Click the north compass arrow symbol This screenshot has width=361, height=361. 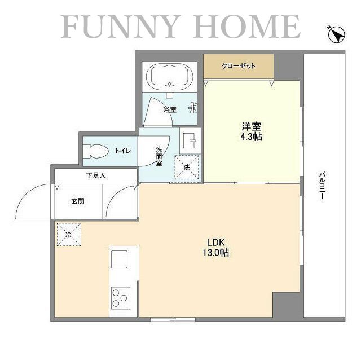pyautogui.click(x=336, y=34)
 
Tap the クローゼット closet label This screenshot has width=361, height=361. pyautogui.click(x=239, y=66)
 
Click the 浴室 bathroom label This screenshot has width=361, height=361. pyautogui.click(x=170, y=109)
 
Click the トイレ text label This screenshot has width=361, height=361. pyautogui.click(x=123, y=151)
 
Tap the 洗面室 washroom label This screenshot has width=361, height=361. pyautogui.click(x=159, y=156)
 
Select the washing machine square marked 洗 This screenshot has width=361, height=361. pyautogui.click(x=187, y=167)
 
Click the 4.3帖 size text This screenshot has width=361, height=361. pyautogui.click(x=252, y=137)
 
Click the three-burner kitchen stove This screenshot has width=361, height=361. pyautogui.click(x=120, y=297)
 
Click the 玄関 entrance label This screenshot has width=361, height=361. pyautogui.click(x=78, y=201)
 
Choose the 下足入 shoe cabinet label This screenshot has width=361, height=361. pyautogui.click(x=96, y=175)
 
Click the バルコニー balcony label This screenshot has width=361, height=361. pyautogui.click(x=322, y=186)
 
